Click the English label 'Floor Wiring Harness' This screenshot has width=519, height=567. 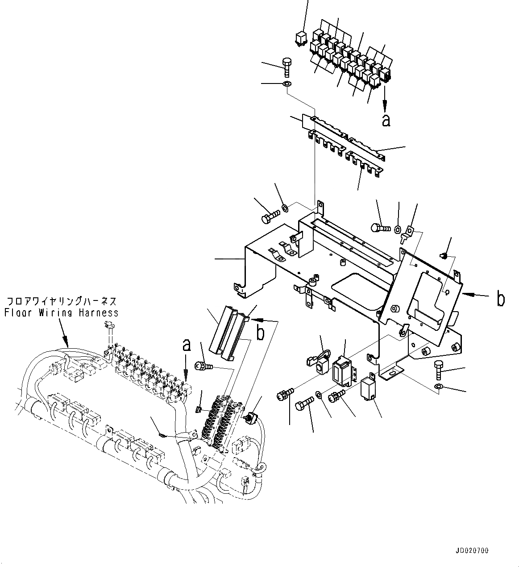point(62,313)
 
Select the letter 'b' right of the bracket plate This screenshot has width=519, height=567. point(501,299)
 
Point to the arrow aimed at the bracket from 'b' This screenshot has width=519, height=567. point(473,295)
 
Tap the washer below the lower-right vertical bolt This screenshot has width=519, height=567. point(438,386)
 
